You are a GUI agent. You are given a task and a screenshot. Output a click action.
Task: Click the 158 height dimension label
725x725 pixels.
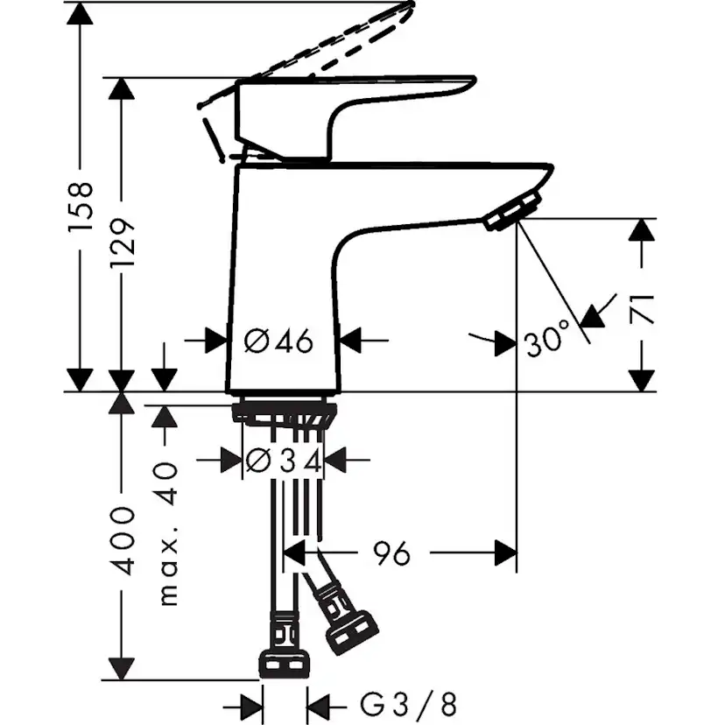point(80,206)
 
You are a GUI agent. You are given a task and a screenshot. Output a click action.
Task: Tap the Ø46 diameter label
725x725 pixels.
point(278,341)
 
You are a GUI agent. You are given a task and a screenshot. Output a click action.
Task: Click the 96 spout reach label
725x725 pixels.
point(391,553)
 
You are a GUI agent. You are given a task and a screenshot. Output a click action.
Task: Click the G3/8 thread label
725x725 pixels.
point(408,702)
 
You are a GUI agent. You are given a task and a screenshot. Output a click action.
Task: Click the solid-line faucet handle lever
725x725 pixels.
point(368,101)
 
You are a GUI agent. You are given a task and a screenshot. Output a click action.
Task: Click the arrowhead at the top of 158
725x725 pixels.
point(80,14)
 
